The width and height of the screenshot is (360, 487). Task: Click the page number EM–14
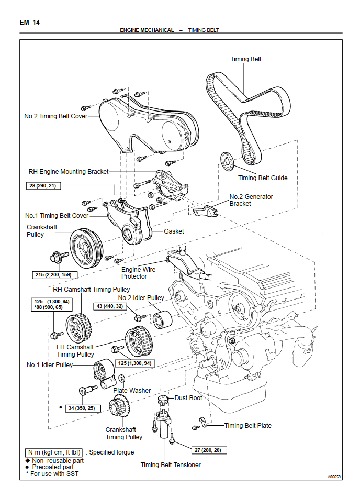(x=30, y=23)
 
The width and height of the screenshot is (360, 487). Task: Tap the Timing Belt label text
(x=245, y=59)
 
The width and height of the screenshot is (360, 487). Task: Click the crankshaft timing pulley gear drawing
(x=119, y=406)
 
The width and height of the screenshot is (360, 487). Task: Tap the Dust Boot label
(x=188, y=398)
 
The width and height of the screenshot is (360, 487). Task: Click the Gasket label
(x=174, y=231)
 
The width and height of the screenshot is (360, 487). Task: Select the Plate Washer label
(x=132, y=390)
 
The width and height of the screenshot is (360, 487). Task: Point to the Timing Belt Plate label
(x=248, y=426)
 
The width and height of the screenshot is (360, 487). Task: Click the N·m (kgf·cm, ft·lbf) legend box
(x=54, y=452)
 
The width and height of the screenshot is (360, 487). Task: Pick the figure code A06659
(x=335, y=477)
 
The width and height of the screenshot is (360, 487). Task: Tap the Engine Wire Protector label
(x=138, y=273)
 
